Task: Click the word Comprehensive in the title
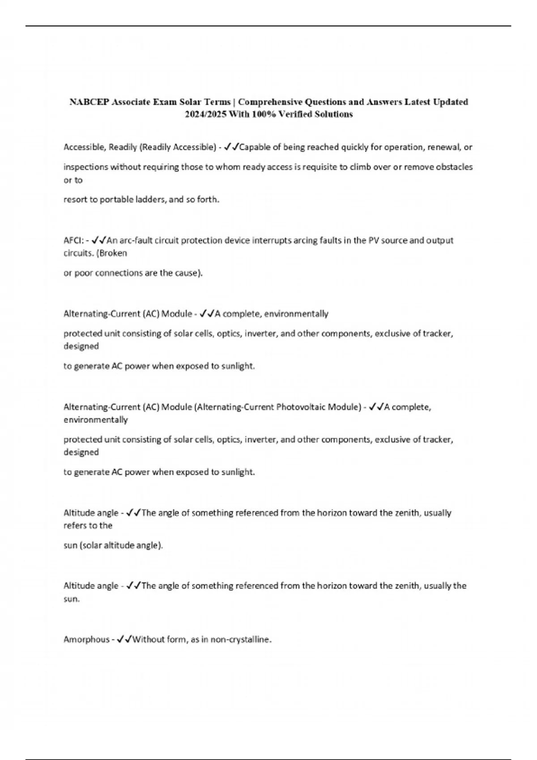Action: point(270,102)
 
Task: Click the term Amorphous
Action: point(86,639)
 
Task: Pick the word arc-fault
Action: point(136,241)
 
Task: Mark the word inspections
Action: point(85,167)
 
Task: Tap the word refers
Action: point(74,526)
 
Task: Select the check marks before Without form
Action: point(124,639)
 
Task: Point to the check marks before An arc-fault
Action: point(99,241)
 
